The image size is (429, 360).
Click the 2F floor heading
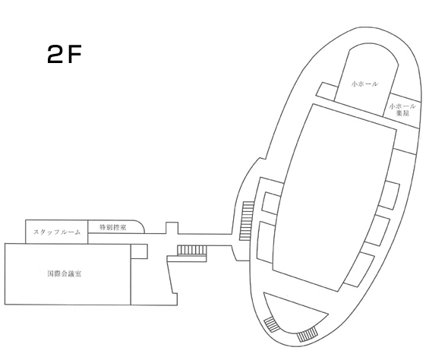(x=65, y=54)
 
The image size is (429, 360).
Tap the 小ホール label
(x=364, y=84)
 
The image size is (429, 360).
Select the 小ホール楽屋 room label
(x=402, y=109)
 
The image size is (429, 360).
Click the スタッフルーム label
(x=57, y=232)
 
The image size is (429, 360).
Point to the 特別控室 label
(x=112, y=227)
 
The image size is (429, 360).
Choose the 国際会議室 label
(x=65, y=273)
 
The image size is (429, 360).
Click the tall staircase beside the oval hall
(x=247, y=221)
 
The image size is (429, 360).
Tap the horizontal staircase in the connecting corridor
(x=192, y=250)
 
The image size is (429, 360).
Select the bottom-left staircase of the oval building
(x=272, y=324)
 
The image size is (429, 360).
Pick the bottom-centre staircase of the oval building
(x=308, y=334)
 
